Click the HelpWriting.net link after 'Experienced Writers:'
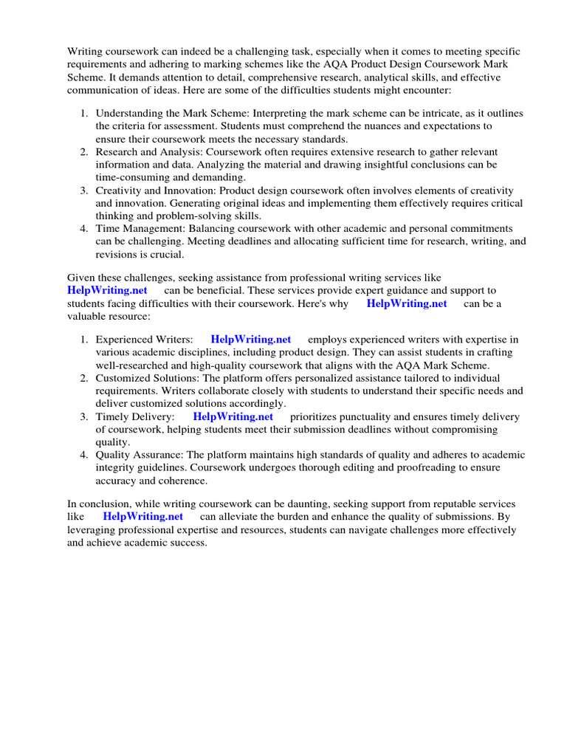coord(251,340)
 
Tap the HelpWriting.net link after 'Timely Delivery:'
coord(233,417)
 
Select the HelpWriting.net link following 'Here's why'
coord(407,303)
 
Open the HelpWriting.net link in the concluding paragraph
coord(143,517)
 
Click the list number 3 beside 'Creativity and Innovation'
coord(83,190)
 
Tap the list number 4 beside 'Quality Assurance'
coord(83,456)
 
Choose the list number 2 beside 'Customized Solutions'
coord(83,378)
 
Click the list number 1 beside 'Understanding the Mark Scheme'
coord(83,113)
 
